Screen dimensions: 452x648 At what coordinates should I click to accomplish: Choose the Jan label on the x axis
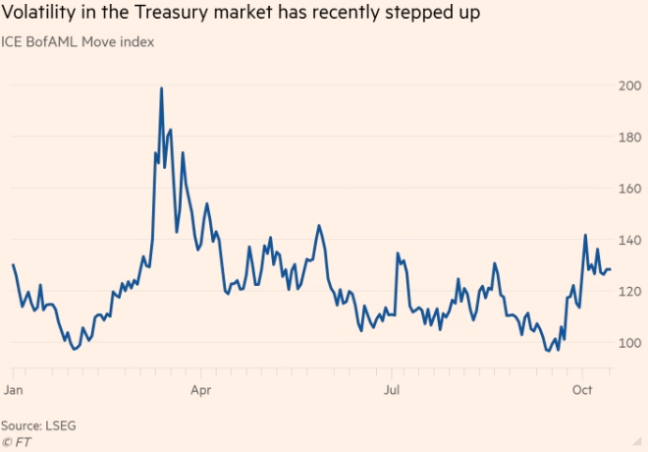[x=14, y=390]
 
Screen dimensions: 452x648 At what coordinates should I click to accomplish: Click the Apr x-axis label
[x=200, y=390]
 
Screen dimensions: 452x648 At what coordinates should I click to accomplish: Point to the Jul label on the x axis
[x=391, y=390]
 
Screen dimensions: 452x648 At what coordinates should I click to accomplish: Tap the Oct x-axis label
[x=582, y=390]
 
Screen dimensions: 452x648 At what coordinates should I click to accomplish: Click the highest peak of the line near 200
[x=161, y=88]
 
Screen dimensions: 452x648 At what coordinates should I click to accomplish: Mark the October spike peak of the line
[x=585, y=235]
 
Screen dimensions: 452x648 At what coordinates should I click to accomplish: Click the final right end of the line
[x=611, y=269]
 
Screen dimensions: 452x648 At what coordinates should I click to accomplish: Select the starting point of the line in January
[x=13, y=264]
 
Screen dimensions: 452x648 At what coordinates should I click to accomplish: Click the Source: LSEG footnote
[x=38, y=425]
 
